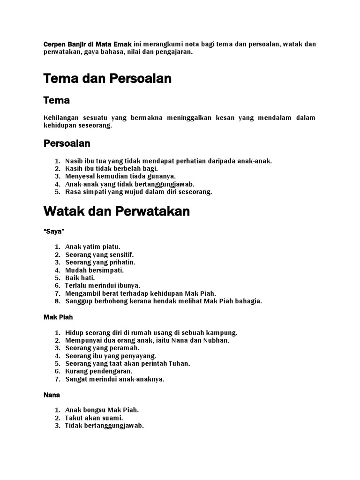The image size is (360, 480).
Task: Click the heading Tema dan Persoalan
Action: (107, 79)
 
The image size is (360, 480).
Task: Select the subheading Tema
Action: (56, 100)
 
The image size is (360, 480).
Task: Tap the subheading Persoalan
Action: (67, 143)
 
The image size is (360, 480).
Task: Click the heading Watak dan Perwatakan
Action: (116, 211)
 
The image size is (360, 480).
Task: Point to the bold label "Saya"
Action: (54, 232)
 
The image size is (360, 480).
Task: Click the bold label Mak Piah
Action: (58, 317)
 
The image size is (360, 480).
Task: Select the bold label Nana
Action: (52, 395)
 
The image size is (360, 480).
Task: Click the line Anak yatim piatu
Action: (93, 247)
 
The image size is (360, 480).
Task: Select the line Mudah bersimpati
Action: (94, 270)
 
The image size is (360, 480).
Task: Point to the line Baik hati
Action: (80, 277)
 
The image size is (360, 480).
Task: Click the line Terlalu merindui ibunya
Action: (103, 285)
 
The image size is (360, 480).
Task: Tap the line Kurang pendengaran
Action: (99, 371)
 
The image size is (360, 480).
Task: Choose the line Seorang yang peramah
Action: (102, 348)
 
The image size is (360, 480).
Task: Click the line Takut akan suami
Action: (94, 418)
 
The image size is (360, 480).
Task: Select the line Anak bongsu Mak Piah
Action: (102, 410)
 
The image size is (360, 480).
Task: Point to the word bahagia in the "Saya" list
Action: (250, 301)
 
